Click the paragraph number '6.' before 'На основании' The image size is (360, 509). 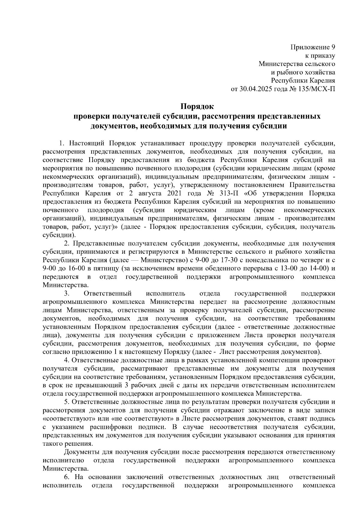[67, 477]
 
